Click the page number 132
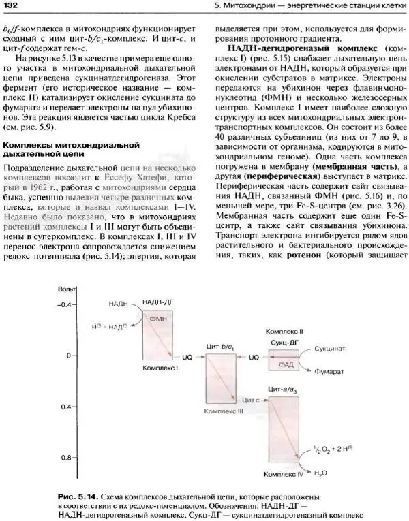coord(11,7)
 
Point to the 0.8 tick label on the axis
coord(65,458)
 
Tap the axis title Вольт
coord(66,290)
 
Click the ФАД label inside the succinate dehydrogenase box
coord(286,364)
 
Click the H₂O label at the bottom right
coord(320,472)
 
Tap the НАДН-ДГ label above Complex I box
coord(156,301)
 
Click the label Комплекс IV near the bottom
coord(284,472)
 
